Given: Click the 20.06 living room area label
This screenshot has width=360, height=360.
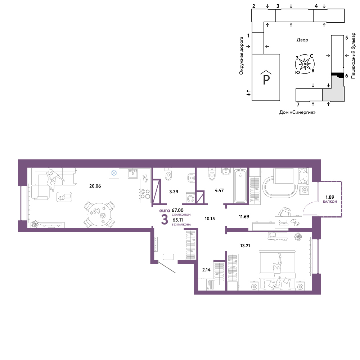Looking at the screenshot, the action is click(95, 186).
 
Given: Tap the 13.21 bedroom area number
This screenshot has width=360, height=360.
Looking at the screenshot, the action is click(245, 246).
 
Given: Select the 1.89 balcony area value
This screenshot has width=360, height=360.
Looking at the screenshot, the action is click(330, 197).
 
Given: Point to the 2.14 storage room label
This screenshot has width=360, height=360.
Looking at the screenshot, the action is click(206, 270).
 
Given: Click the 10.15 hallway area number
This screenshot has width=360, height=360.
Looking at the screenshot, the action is click(210, 219).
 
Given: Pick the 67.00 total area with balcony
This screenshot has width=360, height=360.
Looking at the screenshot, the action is click(178, 210).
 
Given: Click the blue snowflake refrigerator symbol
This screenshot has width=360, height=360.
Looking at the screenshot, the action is click(114, 173).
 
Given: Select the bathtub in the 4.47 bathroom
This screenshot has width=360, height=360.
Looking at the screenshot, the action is click(240, 186).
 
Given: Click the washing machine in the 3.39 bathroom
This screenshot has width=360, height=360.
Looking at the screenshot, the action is click(190, 198).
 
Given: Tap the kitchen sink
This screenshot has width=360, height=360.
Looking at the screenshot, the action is click(133, 174).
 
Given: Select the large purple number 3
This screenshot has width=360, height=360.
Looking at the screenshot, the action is click(165, 220).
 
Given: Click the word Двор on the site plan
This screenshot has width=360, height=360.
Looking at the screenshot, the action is click(302, 40).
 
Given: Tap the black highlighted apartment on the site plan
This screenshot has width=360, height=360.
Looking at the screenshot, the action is click(338, 75).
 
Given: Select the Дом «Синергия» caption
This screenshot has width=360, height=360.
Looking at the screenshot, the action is click(297, 112).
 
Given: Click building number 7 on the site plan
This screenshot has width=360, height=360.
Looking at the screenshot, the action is click(298, 105).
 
